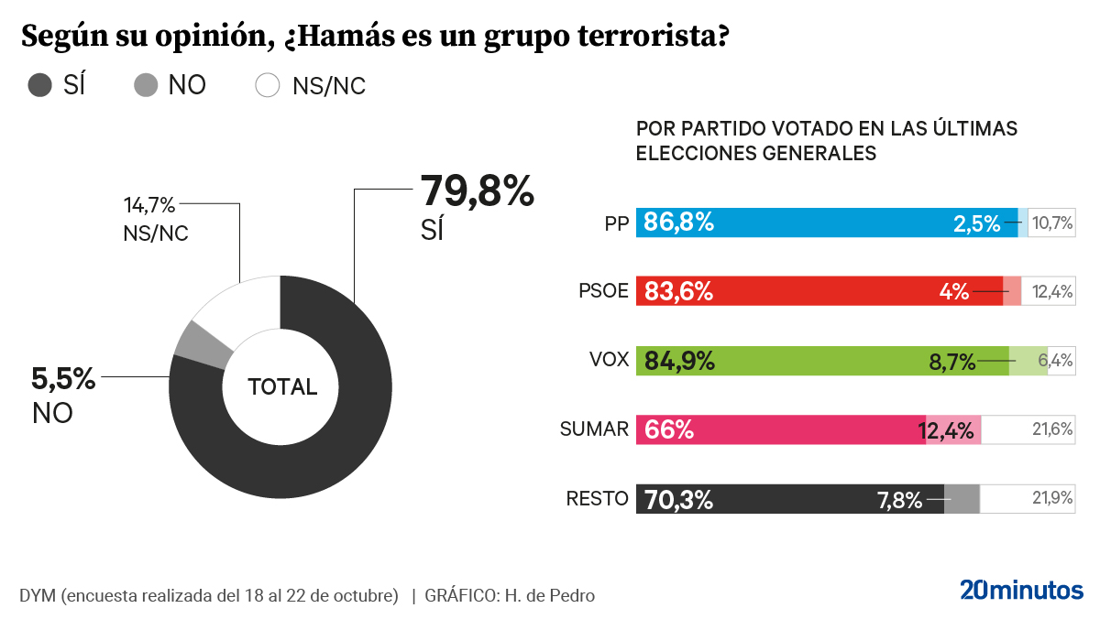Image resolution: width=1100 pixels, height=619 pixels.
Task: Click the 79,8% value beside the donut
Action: [476, 192]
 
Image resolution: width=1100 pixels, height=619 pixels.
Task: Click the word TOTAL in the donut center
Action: [282, 387]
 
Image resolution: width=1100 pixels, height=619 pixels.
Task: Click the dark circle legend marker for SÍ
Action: [40, 86]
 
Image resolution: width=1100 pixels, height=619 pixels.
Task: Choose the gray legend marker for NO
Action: [146, 86]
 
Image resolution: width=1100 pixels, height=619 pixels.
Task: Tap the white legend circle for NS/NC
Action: [268, 86]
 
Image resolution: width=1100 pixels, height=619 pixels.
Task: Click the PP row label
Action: [616, 223]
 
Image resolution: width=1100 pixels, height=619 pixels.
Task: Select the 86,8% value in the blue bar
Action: [678, 223]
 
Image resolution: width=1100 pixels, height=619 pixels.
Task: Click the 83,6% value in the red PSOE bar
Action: [678, 292]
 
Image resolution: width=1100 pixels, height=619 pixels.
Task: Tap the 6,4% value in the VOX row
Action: [1055, 361]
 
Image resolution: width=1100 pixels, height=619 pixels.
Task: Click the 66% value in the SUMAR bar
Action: [669, 429]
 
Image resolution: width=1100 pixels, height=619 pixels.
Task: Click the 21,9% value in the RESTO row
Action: [1052, 499]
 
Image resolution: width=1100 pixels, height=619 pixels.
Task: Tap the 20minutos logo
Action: [1021, 591]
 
